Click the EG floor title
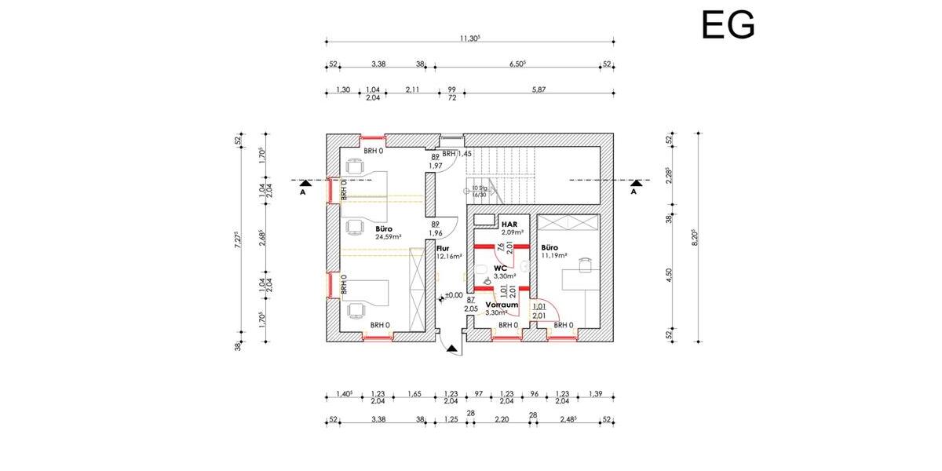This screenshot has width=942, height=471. click(728, 25)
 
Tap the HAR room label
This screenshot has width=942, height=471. click(509, 225)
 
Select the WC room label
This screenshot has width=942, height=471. click(501, 268)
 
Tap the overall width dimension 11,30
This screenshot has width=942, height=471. click(469, 36)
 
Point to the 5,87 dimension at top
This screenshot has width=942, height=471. click(539, 89)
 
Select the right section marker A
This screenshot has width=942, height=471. click(634, 184)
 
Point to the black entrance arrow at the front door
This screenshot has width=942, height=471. click(451, 352)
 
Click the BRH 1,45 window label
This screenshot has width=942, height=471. click(456, 154)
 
